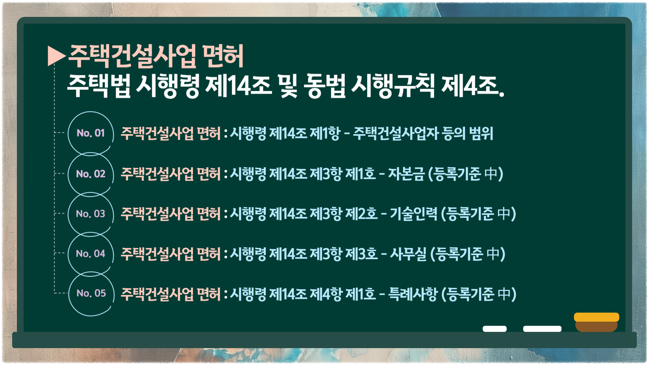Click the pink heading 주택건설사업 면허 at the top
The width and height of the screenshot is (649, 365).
point(156,56)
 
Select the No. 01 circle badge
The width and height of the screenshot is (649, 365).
point(91,133)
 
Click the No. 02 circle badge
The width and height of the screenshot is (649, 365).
point(91,174)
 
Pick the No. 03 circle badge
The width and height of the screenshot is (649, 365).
point(91,214)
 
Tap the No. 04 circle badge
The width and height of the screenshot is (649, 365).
point(91,253)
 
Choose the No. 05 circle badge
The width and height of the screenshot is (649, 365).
point(91,293)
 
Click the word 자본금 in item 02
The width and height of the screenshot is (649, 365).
point(406,174)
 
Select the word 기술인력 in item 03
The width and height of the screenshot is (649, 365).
point(414,214)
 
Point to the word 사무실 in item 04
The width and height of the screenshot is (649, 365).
point(408,254)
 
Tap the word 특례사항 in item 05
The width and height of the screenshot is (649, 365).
point(413,294)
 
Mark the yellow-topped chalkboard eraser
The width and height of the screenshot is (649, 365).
point(597,322)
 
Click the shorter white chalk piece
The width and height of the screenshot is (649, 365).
point(495,329)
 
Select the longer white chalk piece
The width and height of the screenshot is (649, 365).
point(542,329)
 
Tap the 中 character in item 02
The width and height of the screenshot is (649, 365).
point(491,174)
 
